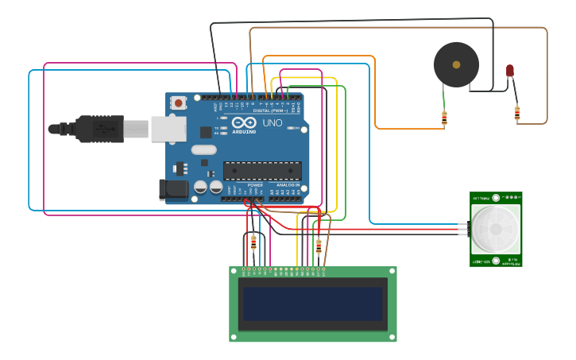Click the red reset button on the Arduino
(x=180, y=103)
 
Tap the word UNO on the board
(x=273, y=123)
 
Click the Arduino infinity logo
(x=245, y=123)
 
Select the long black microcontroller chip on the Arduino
(x=262, y=171)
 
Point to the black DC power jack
(x=172, y=189)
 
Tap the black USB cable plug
(x=99, y=129)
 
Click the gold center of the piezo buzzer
(x=456, y=64)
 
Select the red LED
(x=510, y=71)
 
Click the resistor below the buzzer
(x=444, y=118)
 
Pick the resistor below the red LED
(x=517, y=114)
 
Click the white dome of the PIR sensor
(x=496, y=229)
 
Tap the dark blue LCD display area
(x=313, y=304)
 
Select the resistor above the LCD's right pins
(x=319, y=246)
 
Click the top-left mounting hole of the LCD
(x=233, y=270)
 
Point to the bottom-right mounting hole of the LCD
(x=392, y=338)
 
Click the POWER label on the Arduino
(x=254, y=185)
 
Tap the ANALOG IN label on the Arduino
(x=288, y=185)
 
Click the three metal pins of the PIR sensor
(x=462, y=229)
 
